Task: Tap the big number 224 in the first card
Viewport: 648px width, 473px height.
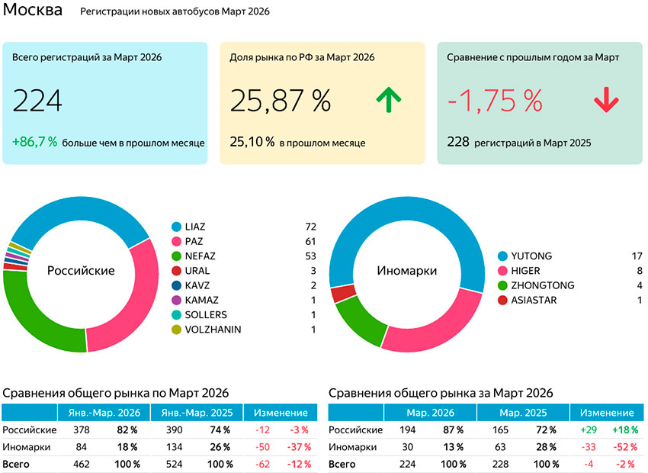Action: click(37, 101)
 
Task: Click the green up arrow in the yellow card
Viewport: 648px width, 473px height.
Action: click(388, 99)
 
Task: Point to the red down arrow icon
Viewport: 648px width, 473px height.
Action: click(606, 100)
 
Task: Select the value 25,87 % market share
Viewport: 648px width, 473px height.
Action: click(281, 101)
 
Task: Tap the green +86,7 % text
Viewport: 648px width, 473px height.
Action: click(35, 142)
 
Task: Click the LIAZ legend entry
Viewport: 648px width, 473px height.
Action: click(195, 227)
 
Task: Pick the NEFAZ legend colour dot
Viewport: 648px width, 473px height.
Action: click(177, 256)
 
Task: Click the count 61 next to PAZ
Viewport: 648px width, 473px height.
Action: click(309, 241)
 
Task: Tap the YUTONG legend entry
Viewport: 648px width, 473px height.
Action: click(531, 256)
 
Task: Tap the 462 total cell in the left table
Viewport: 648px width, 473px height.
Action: click(81, 463)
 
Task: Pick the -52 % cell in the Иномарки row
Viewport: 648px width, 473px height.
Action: click(623, 447)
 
